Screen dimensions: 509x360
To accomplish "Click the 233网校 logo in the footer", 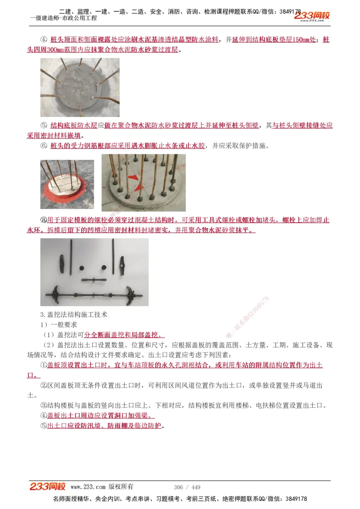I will [48, 487].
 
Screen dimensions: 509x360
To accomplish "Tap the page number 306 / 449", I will [187, 487].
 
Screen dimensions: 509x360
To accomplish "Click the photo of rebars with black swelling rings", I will [143, 183].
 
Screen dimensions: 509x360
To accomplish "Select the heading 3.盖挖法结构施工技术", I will [74, 314].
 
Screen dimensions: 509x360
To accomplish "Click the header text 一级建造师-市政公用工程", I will [63, 18].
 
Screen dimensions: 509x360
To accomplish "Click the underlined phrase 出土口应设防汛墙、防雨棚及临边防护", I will [104, 426].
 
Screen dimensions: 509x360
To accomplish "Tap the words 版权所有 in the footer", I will [121, 487].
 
